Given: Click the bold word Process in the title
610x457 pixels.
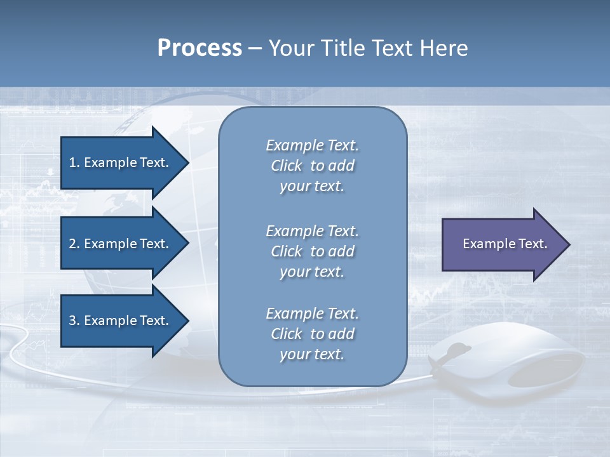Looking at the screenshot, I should click(200, 48).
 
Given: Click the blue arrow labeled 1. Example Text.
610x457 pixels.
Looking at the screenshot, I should click(121, 162).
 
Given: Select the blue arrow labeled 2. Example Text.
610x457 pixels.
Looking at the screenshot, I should click(121, 244).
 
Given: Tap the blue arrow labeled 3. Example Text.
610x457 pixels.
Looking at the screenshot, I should click(121, 321).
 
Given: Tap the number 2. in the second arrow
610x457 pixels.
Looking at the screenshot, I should click(74, 244).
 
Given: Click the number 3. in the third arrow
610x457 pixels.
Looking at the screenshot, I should click(74, 321).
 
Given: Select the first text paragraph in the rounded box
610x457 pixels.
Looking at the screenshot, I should click(312, 166).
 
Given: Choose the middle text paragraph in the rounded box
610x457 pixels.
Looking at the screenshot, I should click(312, 251).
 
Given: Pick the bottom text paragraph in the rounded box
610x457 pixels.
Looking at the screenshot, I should click(312, 334).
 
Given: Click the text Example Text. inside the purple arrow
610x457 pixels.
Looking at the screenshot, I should click(505, 244).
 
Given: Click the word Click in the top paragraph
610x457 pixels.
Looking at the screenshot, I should click(287, 166).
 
